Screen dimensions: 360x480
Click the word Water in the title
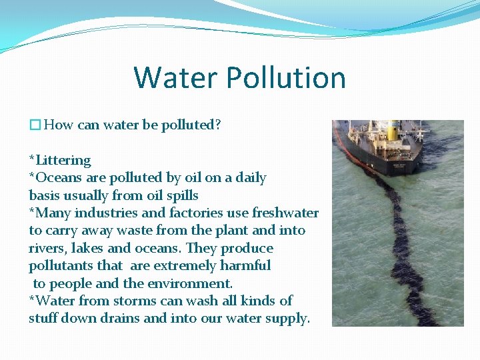coord(176,77)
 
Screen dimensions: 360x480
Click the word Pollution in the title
coord(286,77)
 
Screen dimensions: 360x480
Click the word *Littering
coord(60,160)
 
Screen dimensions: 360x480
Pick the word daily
coord(250,177)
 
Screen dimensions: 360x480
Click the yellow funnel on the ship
coord(393,132)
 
